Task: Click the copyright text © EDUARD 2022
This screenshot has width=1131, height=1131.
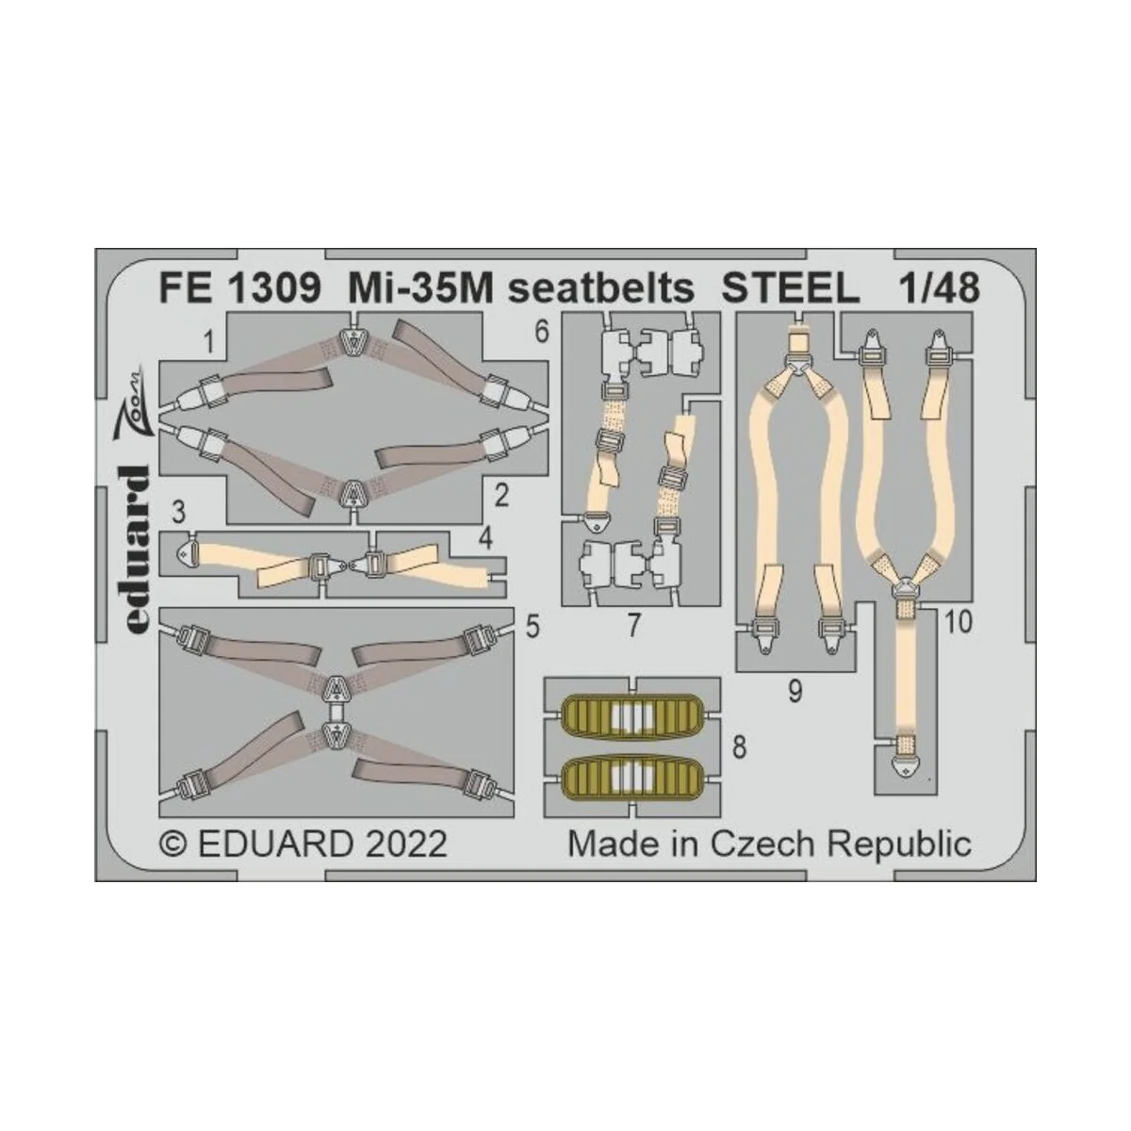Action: pos(303,843)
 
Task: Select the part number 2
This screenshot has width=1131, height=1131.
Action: pos(501,493)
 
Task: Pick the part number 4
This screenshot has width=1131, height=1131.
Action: pos(485,540)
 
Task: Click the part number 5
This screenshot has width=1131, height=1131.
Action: pos(533,625)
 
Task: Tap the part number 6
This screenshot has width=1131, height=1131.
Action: pos(540,332)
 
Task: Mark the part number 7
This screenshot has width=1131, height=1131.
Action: pos(634,625)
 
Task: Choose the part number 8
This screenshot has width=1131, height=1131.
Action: pos(739,747)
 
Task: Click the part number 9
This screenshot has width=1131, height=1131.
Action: pos(795,693)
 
